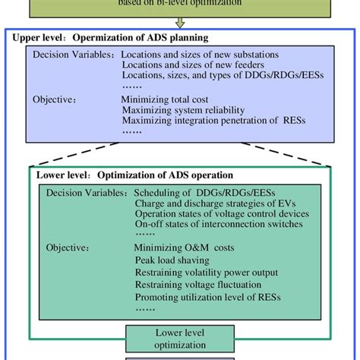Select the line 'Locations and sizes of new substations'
[200, 55]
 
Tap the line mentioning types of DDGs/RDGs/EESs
[205, 77]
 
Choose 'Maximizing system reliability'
[181, 109]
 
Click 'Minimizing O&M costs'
[182, 247]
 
